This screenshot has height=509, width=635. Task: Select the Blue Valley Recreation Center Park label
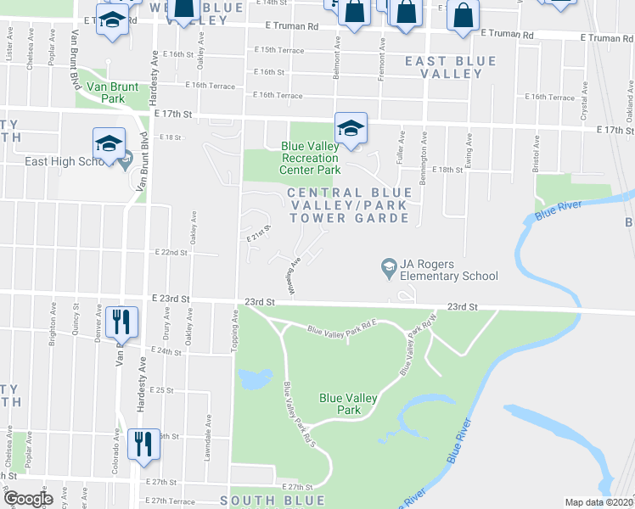(x=311, y=158)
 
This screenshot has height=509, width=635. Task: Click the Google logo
(x=28, y=500)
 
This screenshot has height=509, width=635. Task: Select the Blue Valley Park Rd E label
(x=341, y=330)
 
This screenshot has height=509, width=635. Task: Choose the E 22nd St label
(x=170, y=253)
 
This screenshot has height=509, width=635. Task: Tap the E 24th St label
(x=166, y=350)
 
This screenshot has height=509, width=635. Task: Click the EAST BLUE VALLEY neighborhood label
(x=443, y=67)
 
